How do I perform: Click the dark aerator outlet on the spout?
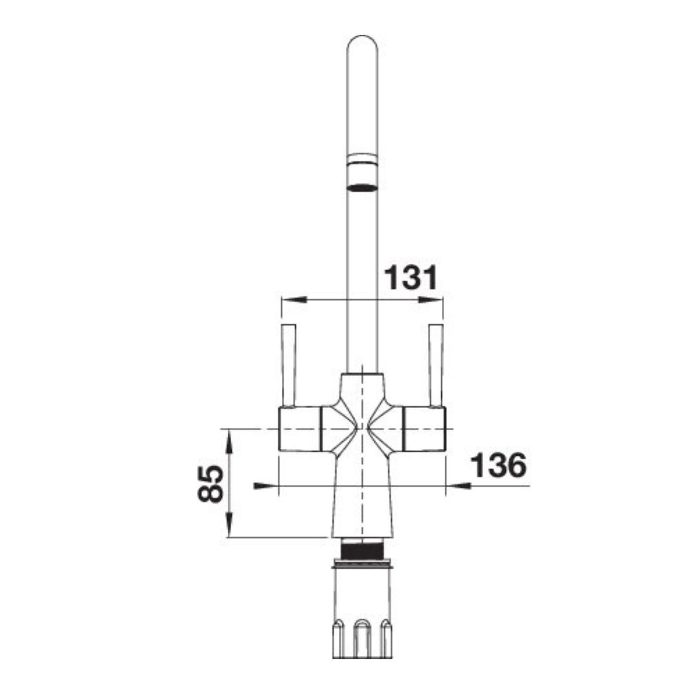[362, 187]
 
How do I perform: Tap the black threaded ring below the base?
[363, 551]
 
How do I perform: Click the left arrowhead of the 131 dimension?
[294, 299]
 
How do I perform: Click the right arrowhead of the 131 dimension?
[431, 299]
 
